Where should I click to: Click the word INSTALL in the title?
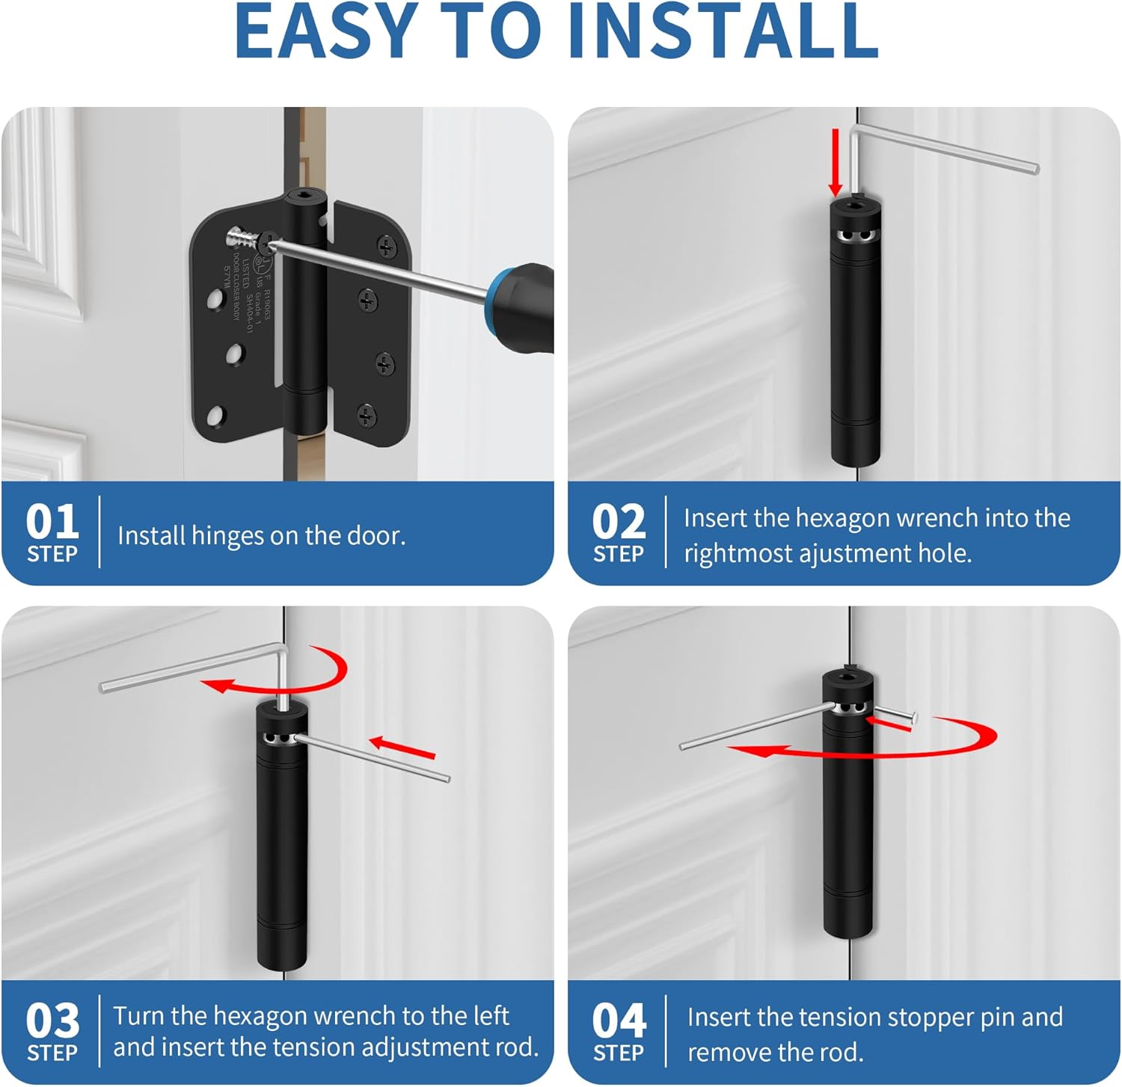point(723,31)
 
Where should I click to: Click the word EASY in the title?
point(325,31)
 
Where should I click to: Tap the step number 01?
point(52,522)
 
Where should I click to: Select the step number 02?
point(618,522)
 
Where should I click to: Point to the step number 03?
point(52,1020)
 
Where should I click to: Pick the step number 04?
point(618,1020)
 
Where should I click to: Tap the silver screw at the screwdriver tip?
point(243,239)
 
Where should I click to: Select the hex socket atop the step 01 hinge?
point(304,197)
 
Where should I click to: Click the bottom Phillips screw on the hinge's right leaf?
point(367,416)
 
